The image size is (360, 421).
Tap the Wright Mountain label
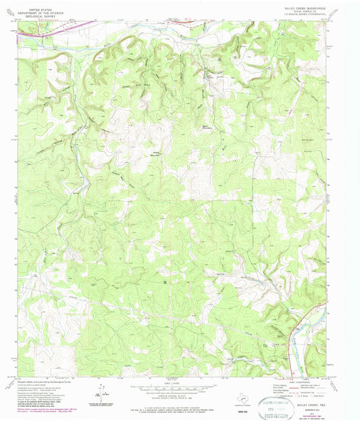[155, 151]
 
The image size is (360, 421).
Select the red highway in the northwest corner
[41, 30]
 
